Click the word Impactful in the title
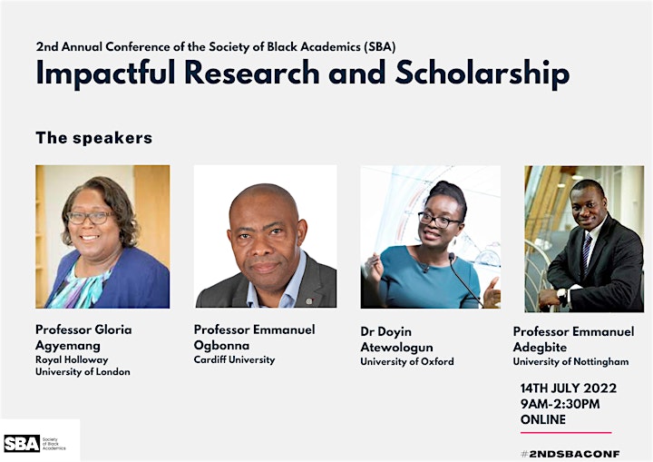pyautogui.click(x=105, y=74)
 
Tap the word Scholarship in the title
pyautogui.click(x=482, y=74)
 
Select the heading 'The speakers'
pyautogui.click(x=94, y=138)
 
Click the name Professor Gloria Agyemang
pyautogui.click(x=83, y=338)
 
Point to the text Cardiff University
pyautogui.click(x=235, y=359)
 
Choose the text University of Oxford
pyautogui.click(x=407, y=361)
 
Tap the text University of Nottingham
pyautogui.click(x=571, y=361)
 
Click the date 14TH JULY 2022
pyautogui.click(x=569, y=388)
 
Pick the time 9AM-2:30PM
pyautogui.click(x=560, y=404)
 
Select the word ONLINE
pyautogui.click(x=543, y=419)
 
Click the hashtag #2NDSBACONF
pyautogui.click(x=570, y=454)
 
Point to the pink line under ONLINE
pyautogui.click(x=566, y=433)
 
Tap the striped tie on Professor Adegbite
pyautogui.click(x=587, y=253)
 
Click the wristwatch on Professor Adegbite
pyautogui.click(x=562, y=296)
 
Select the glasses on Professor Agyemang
pyautogui.click(x=91, y=217)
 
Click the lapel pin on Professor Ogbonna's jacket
pyautogui.click(x=309, y=301)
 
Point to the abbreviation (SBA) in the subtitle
pyautogui.click(x=379, y=46)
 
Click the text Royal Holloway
pyautogui.click(x=72, y=359)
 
